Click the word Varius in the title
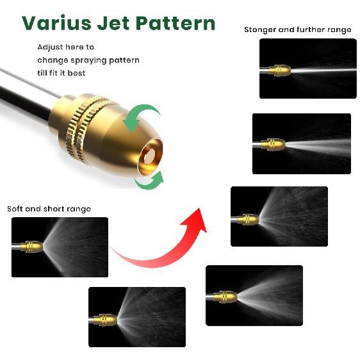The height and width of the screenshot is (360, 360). [56, 23]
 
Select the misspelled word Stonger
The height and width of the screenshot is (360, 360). [259, 30]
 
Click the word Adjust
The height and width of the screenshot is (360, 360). [50, 47]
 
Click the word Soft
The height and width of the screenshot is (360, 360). [15, 209]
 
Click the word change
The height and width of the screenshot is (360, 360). [53, 60]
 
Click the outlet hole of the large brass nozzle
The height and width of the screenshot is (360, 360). [150, 156]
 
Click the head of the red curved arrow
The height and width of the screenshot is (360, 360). [195, 221]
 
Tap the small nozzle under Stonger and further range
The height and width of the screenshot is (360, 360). [280, 70]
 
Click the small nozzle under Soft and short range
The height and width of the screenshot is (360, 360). [31, 247]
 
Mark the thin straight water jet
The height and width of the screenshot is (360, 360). [323, 70]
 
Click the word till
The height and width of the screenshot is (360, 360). [42, 73]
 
